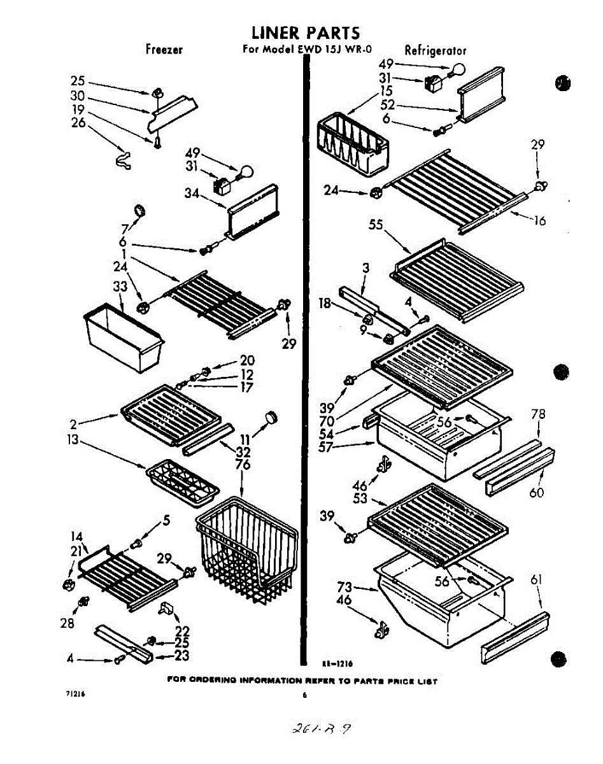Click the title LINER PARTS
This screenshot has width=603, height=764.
305,32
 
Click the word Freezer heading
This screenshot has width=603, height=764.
164,50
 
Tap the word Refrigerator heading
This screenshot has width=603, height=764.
436,50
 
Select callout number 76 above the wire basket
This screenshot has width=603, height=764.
243,465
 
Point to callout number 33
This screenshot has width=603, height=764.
120,288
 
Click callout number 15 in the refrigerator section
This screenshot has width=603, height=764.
386,91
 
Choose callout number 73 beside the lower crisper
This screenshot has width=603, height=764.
344,587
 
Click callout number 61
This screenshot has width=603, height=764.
536,579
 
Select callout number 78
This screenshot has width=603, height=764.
538,414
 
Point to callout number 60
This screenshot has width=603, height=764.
537,492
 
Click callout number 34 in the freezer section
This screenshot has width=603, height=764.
192,194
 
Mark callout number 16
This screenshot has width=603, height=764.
539,221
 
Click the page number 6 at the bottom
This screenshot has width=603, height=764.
305,695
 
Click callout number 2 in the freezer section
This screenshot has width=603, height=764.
74,423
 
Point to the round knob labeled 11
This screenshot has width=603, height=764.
273,416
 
